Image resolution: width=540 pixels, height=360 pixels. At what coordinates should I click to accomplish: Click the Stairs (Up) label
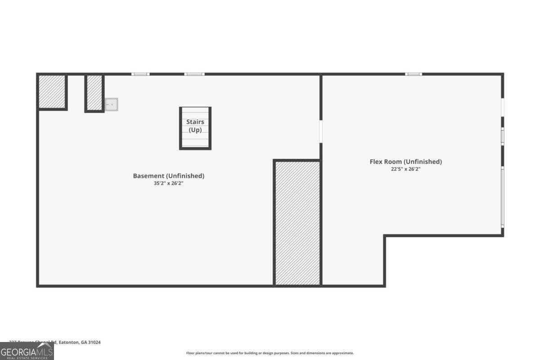click(195, 126)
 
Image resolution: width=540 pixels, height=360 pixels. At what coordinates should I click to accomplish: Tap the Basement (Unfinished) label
click(168, 176)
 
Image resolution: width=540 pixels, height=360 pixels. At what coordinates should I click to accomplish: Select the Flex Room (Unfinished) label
click(405, 162)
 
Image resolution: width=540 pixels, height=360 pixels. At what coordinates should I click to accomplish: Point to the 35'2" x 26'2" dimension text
click(168, 184)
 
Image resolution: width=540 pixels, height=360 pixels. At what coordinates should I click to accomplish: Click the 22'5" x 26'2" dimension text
click(405, 169)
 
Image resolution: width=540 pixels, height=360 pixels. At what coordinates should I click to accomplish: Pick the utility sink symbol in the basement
click(111, 104)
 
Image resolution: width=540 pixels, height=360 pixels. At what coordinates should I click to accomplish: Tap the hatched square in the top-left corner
click(52, 92)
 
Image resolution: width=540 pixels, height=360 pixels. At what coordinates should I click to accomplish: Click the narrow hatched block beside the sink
click(94, 93)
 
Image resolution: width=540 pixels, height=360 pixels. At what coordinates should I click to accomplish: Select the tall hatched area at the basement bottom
click(297, 223)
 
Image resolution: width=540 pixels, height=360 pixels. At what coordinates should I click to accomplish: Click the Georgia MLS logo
click(27, 351)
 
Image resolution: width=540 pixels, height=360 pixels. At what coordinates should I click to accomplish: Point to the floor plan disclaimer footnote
click(270, 353)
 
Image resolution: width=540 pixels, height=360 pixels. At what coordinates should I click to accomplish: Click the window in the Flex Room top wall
click(414, 74)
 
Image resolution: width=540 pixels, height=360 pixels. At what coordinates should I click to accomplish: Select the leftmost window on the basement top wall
click(140, 74)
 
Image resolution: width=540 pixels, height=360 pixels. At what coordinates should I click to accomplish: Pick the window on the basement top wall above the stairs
click(194, 74)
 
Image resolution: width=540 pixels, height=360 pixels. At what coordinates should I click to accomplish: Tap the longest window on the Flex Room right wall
click(502, 196)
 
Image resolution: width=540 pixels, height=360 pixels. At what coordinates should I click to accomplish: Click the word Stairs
click(195, 122)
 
